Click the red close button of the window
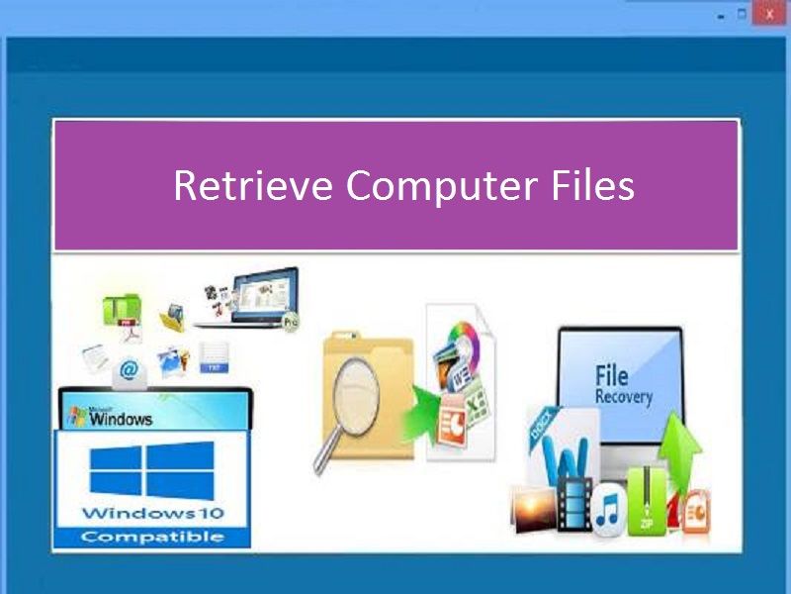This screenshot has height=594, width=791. pyautogui.click(x=769, y=13)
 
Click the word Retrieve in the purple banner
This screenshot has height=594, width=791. pyautogui.click(x=253, y=185)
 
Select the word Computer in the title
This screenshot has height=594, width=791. pyautogui.click(x=441, y=187)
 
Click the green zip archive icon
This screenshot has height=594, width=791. pyautogui.click(x=647, y=501)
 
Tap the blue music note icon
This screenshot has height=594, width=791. pyautogui.click(x=608, y=510)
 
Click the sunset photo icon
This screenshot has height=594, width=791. pyautogui.click(x=534, y=508)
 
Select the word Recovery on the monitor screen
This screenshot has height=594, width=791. pyautogui.click(x=624, y=397)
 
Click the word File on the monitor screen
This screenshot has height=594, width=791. pyautogui.click(x=611, y=376)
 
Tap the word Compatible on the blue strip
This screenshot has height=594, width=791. pyautogui.click(x=152, y=537)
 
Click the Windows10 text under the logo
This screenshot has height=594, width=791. pyautogui.click(x=152, y=513)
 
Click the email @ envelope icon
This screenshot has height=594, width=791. pyautogui.click(x=130, y=373)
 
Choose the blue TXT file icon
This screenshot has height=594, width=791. pyautogui.click(x=214, y=358)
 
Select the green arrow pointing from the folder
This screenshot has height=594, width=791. pyautogui.click(x=419, y=414)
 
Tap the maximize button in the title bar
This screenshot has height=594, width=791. pyautogui.click(x=742, y=14)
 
